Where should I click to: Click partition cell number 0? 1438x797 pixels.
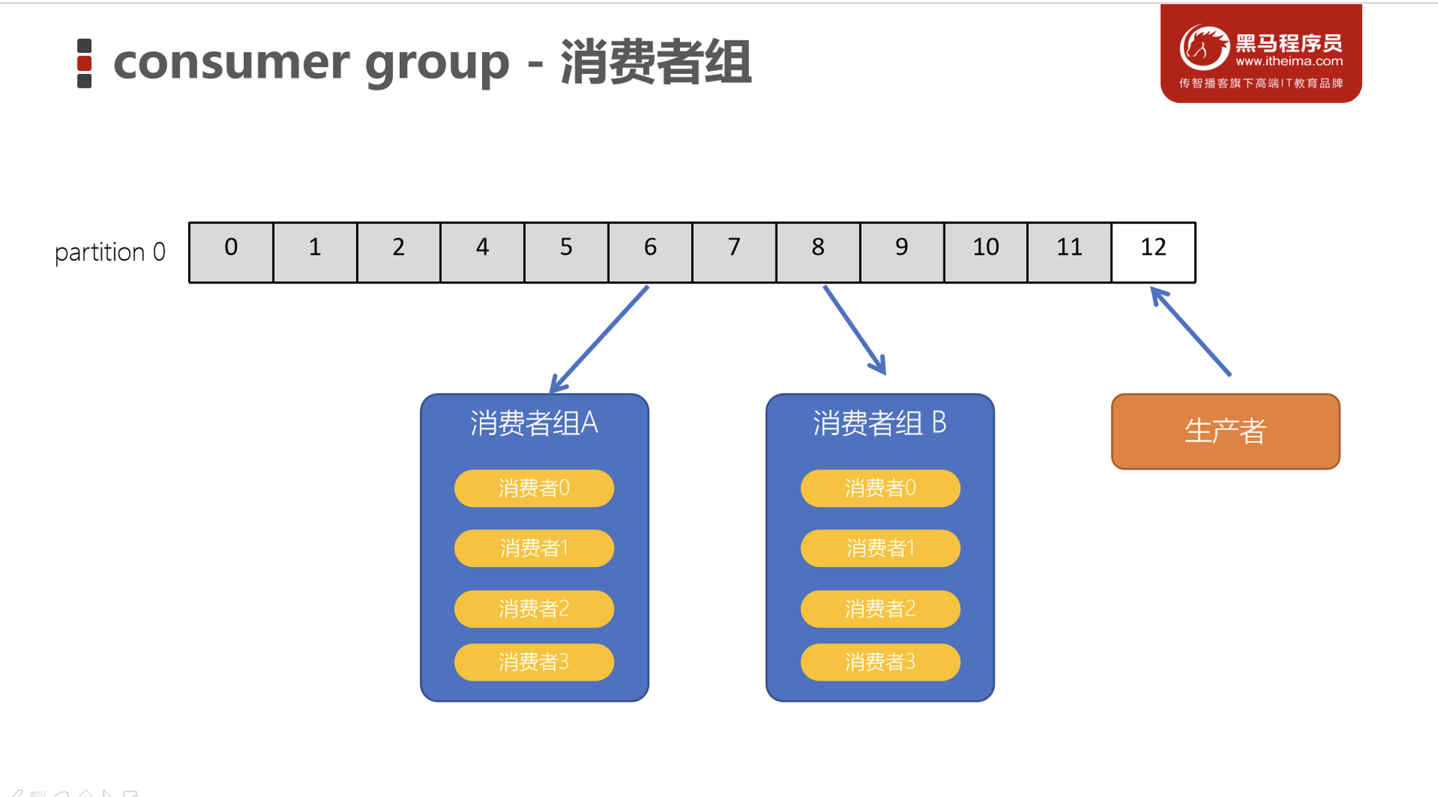click(231, 252)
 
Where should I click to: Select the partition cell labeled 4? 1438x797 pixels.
click(482, 252)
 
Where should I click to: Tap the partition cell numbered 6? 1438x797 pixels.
click(650, 252)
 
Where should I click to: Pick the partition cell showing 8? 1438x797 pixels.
click(818, 252)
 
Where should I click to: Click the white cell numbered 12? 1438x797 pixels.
click(1153, 252)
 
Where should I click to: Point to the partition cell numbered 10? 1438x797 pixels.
click(985, 252)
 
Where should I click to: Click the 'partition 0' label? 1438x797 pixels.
click(110, 252)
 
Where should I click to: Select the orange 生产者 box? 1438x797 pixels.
click(1225, 431)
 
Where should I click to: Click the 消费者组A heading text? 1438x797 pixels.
click(534, 423)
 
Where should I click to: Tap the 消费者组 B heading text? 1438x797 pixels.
click(879, 423)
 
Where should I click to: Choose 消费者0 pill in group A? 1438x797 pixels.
click(534, 488)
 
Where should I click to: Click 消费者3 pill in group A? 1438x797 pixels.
click(534, 662)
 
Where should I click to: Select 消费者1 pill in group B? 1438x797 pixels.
click(880, 548)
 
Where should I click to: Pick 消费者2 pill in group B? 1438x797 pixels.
click(880, 609)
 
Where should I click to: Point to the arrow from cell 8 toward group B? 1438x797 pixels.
click(854, 330)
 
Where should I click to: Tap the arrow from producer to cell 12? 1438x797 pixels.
click(1191, 332)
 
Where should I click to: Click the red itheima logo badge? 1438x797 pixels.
click(1260, 54)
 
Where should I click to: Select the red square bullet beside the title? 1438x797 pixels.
click(84, 63)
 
